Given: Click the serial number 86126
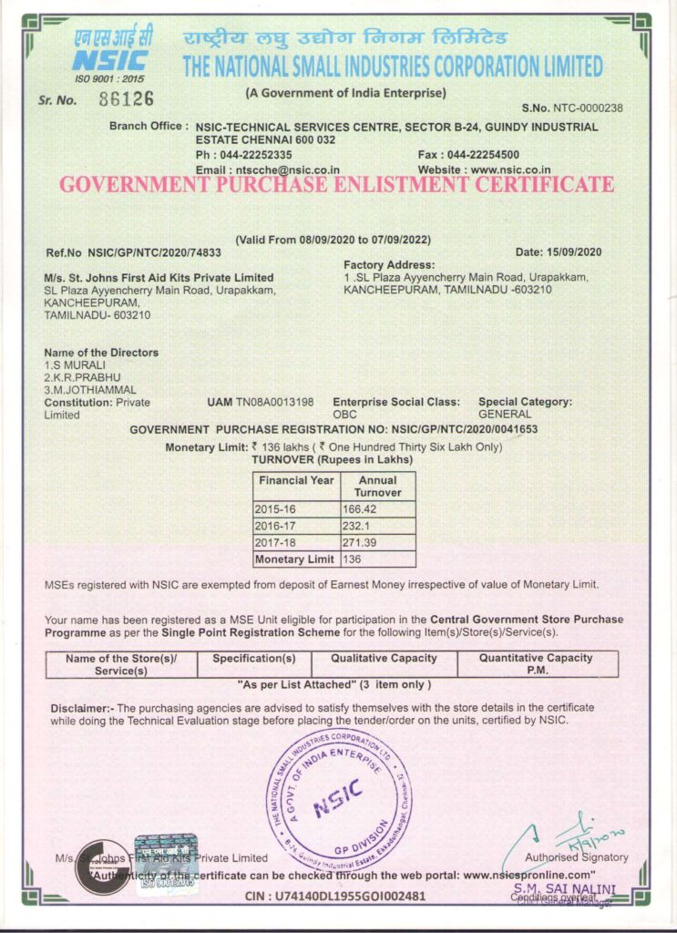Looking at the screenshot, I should [x=126, y=98].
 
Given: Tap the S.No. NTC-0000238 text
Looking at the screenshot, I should [x=573, y=108].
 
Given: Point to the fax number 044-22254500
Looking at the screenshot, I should [x=486, y=155].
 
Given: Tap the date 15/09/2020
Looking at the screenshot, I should [x=571, y=251].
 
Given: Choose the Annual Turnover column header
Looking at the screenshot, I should [x=377, y=486].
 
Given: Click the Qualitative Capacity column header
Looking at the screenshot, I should [x=384, y=658].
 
